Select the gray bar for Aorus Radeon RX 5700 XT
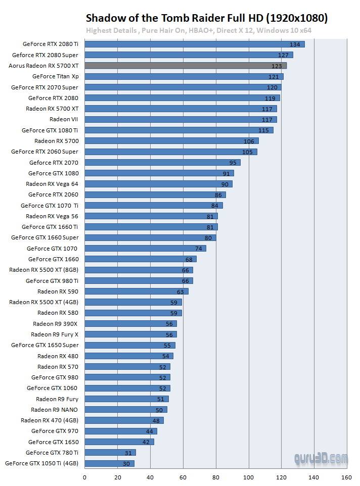point(185,66)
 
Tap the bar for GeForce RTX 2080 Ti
point(194,44)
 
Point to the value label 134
point(295,44)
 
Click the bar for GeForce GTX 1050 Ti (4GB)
point(109,463)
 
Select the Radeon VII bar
point(181,119)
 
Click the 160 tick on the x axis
point(347,476)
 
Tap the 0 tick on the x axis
point(84,476)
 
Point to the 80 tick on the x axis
point(216,476)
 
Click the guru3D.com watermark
point(321,459)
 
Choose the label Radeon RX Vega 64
point(52,184)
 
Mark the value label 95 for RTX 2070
point(233,163)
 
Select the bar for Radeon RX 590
point(137,291)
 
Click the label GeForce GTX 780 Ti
point(52,452)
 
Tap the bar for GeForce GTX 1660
point(140,259)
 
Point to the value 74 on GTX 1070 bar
point(199,249)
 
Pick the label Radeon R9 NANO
point(55,409)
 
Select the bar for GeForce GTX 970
point(120,431)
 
